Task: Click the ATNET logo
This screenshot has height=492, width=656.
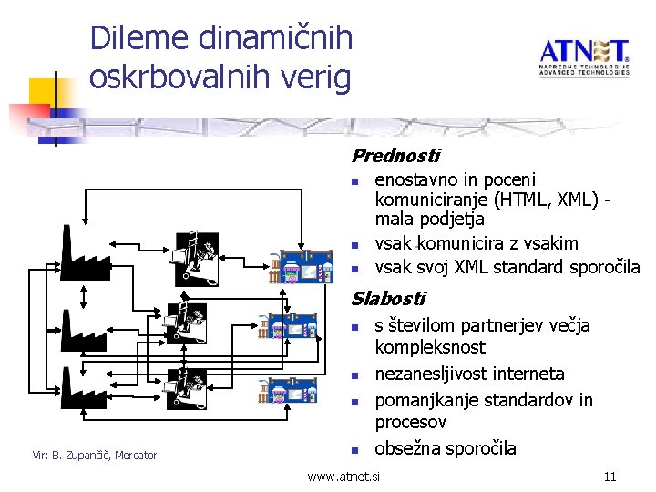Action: click(x=583, y=59)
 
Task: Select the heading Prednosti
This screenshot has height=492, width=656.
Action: click(x=395, y=156)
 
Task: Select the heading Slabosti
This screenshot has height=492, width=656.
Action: click(x=388, y=298)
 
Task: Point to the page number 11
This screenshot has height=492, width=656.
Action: click(x=610, y=476)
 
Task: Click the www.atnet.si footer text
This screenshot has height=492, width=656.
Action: click(x=344, y=476)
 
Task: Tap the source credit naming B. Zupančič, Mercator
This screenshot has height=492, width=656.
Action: click(x=95, y=455)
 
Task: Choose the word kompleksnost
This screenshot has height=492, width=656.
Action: click(x=430, y=347)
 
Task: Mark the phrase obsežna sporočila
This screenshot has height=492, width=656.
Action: click(x=446, y=448)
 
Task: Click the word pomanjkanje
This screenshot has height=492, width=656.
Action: click(x=430, y=400)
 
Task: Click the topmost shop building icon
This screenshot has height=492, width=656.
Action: click(x=300, y=264)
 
